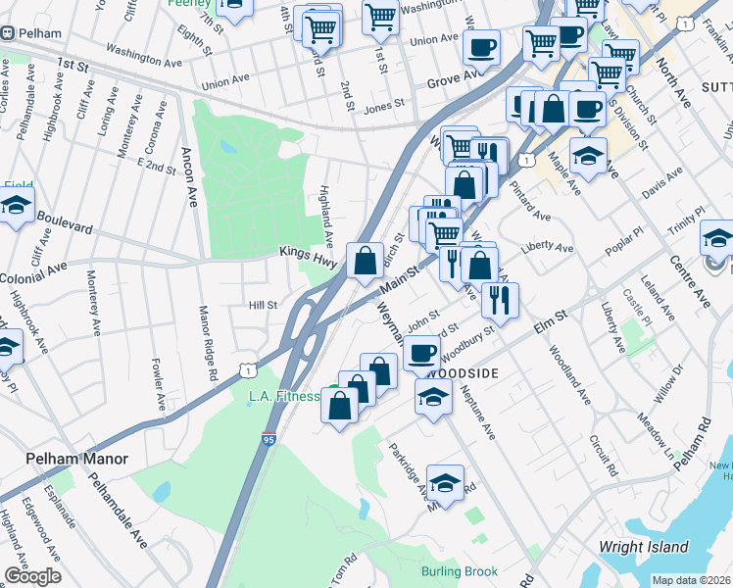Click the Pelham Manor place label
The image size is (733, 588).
tap(65, 459)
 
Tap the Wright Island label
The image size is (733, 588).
tap(637, 546)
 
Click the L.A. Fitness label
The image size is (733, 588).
tap(284, 396)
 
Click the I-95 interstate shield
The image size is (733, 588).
tap(269, 441)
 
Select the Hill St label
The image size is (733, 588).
tap(264, 305)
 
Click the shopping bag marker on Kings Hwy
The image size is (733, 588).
tap(365, 262)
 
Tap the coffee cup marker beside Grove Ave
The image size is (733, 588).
tap(480, 47)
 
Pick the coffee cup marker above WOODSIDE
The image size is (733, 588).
tap(422, 352)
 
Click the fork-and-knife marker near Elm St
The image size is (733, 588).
tap(500, 300)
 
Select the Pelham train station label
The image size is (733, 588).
tap(38, 33)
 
